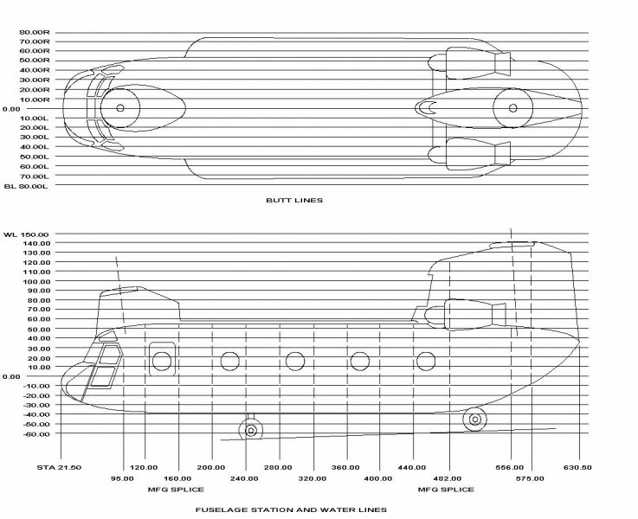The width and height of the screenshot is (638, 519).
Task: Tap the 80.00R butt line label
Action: tap(36, 33)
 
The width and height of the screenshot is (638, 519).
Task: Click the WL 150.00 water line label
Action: tap(28, 234)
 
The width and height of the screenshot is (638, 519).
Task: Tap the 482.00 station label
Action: tap(450, 477)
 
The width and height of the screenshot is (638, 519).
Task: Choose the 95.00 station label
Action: tap(122, 477)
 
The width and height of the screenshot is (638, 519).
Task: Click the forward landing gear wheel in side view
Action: tap(251, 430)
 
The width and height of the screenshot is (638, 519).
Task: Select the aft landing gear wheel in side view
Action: tap(474, 420)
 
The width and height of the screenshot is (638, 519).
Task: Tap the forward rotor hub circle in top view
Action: tap(120, 108)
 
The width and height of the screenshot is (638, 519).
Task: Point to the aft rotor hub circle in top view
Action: tap(513, 108)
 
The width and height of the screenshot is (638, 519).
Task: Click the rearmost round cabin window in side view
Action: tap(425, 361)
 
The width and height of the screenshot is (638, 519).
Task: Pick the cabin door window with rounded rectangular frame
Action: tap(162, 359)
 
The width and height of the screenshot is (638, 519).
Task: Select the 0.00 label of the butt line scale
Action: tap(11, 109)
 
